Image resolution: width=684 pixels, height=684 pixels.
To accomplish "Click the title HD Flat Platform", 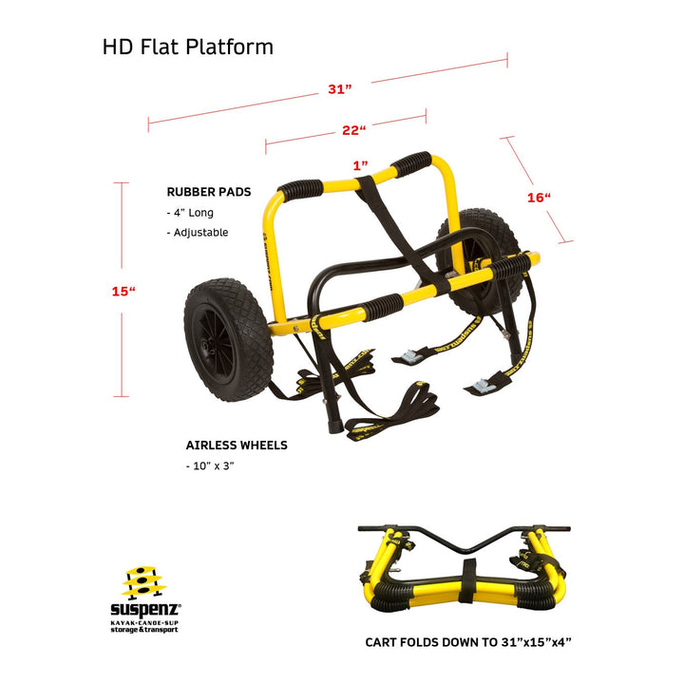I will tap(188, 47).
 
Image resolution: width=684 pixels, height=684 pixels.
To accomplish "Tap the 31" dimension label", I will tap(340, 88).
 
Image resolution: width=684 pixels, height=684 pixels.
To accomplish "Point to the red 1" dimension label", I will tap(360, 164).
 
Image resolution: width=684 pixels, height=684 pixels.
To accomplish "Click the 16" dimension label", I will tap(539, 198).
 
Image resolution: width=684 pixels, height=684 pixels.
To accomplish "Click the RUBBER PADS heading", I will tap(209, 191).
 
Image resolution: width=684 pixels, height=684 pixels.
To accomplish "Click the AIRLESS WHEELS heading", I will tap(237, 445).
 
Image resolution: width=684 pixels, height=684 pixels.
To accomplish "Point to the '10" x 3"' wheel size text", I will tap(211, 465).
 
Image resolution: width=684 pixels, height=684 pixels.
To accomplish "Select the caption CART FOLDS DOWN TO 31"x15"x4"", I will tap(468, 642).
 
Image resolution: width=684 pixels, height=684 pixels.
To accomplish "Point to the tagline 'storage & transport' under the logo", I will tap(145, 629).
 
